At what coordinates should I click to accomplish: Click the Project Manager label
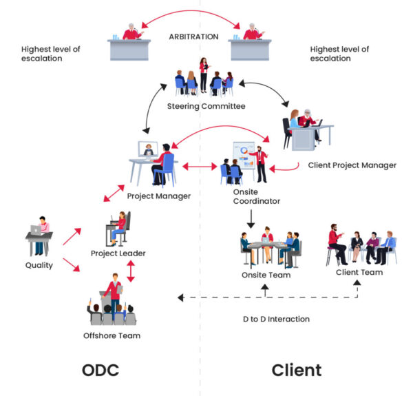158,196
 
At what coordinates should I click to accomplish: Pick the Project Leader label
118,253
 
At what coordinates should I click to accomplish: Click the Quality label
39,265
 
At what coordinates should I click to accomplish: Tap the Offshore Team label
112,335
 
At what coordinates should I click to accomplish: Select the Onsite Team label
266,275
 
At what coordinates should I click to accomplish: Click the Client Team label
359,272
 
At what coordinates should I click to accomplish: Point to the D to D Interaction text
275,319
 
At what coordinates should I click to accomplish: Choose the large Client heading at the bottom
297,370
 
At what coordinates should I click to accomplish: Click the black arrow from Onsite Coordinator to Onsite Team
251,218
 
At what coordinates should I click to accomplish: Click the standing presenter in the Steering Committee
204,73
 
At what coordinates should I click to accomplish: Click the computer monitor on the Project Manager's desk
147,149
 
